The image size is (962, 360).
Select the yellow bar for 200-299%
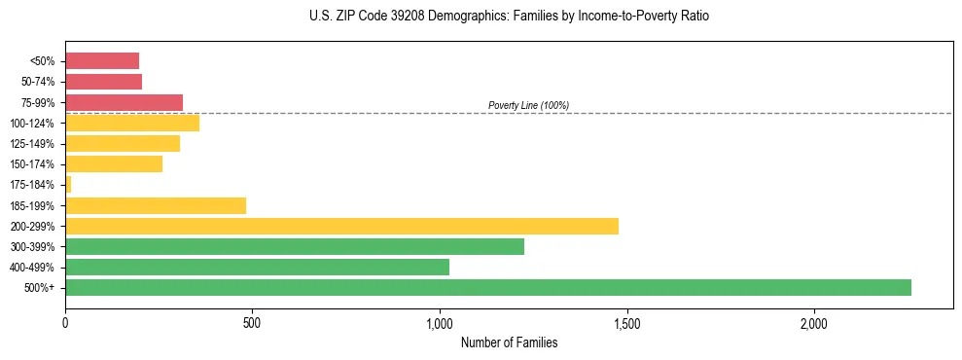[x=341, y=226]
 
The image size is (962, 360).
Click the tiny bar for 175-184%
[x=68, y=184]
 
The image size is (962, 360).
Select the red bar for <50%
[x=102, y=60]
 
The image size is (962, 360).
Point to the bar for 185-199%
[x=156, y=205]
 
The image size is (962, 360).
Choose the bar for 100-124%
[x=132, y=123]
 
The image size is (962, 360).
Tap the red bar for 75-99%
[x=124, y=102]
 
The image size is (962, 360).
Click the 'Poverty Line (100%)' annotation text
[x=528, y=105]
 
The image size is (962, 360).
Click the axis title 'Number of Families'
[x=509, y=342]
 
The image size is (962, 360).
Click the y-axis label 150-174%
[x=32, y=164]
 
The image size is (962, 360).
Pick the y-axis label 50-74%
[x=37, y=82]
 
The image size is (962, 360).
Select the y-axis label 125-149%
[x=32, y=144]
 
